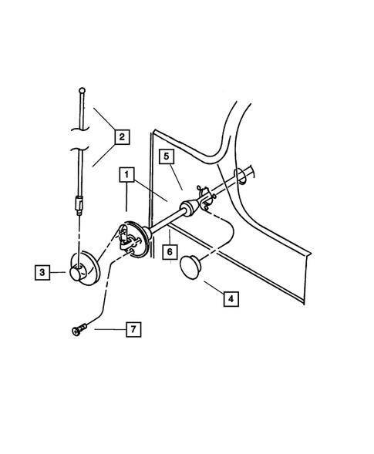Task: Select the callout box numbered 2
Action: coord(121,138)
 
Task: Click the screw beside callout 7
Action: coord(76,331)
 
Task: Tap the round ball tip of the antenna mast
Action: coord(80,90)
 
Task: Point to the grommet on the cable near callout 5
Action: coord(187,208)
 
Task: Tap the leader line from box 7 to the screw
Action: coord(106,329)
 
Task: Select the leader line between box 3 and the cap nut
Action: coord(59,271)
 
